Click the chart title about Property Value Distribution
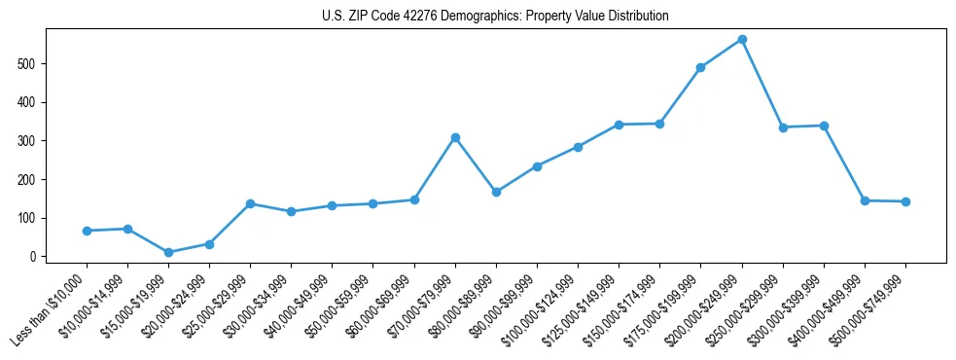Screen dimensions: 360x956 pos(495,17)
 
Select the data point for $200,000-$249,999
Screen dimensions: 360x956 pos(742,39)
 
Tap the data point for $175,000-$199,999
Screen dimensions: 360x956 pos(700,67)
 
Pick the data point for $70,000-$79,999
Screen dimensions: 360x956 pos(455,137)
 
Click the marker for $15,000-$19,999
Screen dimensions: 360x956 pos(168,252)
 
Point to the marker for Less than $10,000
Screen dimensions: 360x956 pos(87,231)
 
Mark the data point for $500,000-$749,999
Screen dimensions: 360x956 pos(905,201)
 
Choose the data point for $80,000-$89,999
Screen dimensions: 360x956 pos(496,192)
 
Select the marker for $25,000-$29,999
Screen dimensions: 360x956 pos(250,203)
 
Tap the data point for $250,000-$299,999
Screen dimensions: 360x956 pos(783,127)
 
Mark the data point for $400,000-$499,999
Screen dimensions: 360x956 pos(865,200)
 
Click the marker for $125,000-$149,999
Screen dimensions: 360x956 pos(619,125)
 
